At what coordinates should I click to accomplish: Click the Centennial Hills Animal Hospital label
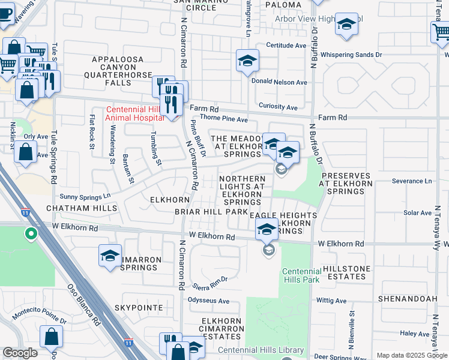[x=134, y=114]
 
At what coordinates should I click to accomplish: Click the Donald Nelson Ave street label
[x=279, y=82]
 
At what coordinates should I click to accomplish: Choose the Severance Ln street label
[x=411, y=181]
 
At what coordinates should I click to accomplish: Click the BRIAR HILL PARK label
[x=211, y=212]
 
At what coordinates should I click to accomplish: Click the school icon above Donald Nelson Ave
[x=247, y=61]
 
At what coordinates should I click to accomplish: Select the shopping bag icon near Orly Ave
[x=26, y=152]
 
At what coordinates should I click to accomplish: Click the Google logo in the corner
[x=20, y=353]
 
